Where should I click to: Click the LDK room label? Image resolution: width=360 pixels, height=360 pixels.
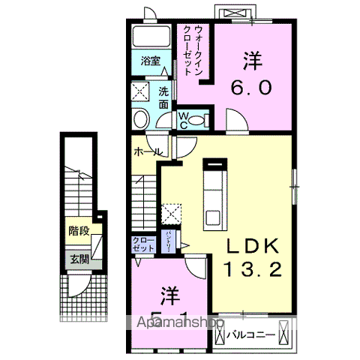tap(250, 247)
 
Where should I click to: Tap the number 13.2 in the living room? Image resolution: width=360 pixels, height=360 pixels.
tap(250, 268)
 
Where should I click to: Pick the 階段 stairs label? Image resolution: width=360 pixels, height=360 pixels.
tap(79, 231)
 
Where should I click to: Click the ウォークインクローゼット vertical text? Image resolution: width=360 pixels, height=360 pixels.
tap(193, 47)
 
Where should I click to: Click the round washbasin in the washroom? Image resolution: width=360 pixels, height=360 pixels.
tap(140, 120)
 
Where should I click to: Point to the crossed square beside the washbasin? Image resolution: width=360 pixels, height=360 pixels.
tap(140, 92)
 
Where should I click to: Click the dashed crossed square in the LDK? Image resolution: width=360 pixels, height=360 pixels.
tap(171, 212)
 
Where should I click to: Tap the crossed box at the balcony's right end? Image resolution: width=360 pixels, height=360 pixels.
tap(285, 329)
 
